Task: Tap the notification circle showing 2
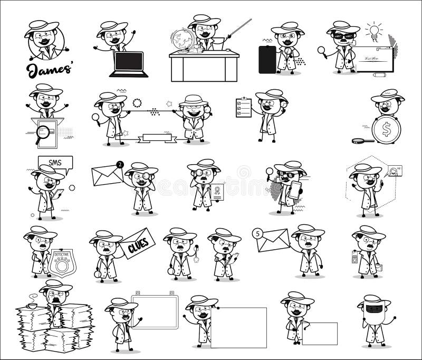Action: [122, 164]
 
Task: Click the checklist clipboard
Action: [243, 106]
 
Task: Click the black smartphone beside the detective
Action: [267, 59]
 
